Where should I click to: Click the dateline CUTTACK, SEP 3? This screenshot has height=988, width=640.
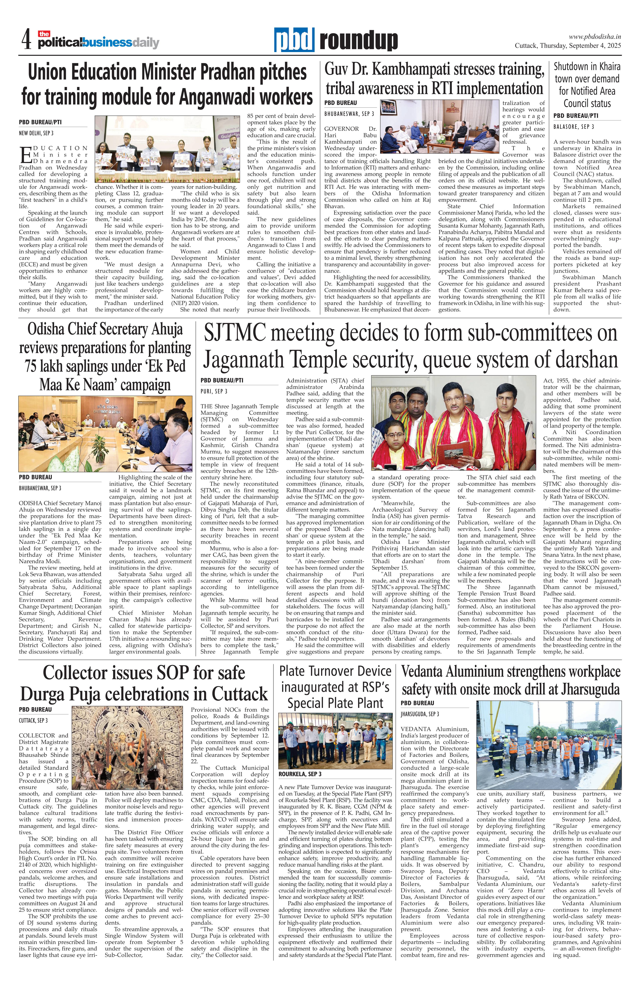[x=33, y=720]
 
